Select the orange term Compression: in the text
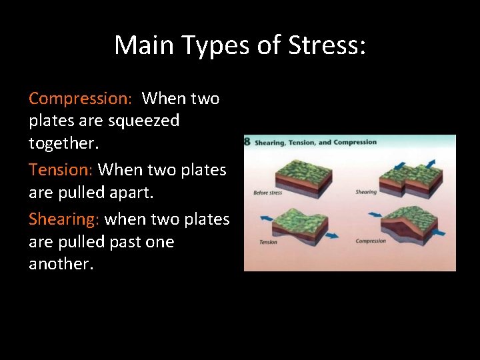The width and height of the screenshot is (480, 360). click(x=82, y=99)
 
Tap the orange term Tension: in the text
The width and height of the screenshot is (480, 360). click(x=61, y=170)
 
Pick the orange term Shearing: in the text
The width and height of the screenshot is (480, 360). click(x=65, y=219)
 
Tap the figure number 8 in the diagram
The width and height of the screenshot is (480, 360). click(x=247, y=142)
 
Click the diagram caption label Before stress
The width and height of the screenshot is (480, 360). click(x=268, y=193)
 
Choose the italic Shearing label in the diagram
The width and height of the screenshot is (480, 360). click(x=366, y=192)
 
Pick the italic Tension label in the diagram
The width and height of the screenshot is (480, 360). click(x=268, y=242)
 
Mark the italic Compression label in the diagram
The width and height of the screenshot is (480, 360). click(x=371, y=241)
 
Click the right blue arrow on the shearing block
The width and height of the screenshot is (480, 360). click(x=429, y=164)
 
